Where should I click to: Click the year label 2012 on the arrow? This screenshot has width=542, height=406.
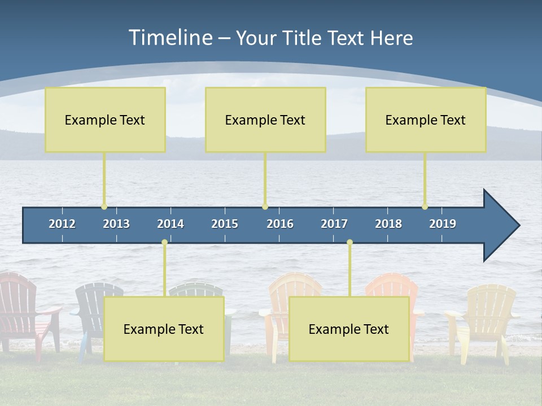(62, 224)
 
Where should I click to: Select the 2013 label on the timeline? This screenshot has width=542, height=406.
(116, 224)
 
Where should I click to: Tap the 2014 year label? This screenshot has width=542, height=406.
(171, 224)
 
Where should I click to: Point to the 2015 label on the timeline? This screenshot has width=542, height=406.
(225, 224)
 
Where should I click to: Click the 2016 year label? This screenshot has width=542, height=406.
(280, 224)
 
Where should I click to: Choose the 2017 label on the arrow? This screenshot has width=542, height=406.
(334, 224)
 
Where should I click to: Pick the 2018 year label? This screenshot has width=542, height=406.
(388, 224)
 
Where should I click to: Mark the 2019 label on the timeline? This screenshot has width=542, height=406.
(443, 224)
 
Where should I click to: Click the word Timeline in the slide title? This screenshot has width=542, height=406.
(169, 38)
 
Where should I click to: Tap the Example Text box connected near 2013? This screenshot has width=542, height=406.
(105, 120)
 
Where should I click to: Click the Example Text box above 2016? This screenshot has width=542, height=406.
(265, 120)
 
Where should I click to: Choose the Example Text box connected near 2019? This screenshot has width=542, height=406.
(426, 120)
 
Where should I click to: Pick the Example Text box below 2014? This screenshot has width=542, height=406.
(164, 329)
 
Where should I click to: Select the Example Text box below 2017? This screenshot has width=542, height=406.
(349, 329)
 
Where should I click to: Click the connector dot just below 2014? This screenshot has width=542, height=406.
(164, 242)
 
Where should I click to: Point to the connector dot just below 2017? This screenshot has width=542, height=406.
(349, 242)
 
